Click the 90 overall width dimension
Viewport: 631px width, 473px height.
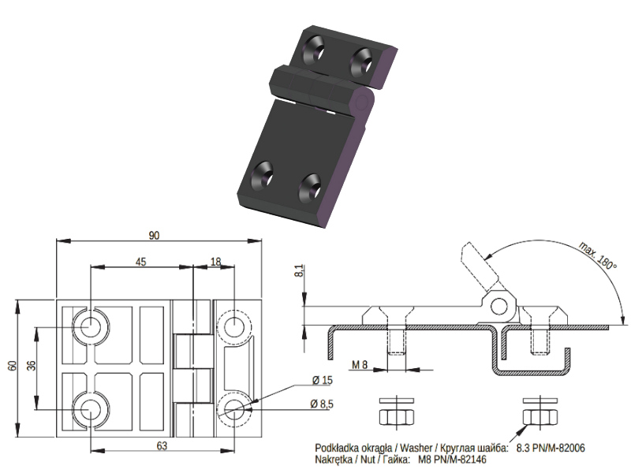(154, 235)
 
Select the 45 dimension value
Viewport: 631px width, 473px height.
(140, 263)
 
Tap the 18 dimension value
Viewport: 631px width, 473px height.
(215, 263)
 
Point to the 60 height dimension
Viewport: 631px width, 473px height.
(13, 366)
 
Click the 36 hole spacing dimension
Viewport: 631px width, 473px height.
(31, 366)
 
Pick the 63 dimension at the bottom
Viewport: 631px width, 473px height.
(162, 445)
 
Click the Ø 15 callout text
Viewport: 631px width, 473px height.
(322, 380)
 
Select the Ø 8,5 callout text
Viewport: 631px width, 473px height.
(322, 404)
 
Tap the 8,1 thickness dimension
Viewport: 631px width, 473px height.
(299, 270)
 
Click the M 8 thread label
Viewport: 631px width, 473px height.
(360, 365)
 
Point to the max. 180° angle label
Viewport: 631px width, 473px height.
(598, 255)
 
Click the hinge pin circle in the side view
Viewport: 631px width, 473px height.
(499, 307)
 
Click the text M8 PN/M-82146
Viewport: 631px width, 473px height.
(452, 460)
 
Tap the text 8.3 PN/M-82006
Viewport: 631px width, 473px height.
(551, 448)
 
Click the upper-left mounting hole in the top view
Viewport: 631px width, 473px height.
(91, 326)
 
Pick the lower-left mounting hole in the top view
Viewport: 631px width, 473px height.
(91, 409)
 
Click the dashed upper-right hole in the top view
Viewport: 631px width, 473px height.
(233, 326)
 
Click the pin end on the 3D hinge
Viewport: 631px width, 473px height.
(361, 102)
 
